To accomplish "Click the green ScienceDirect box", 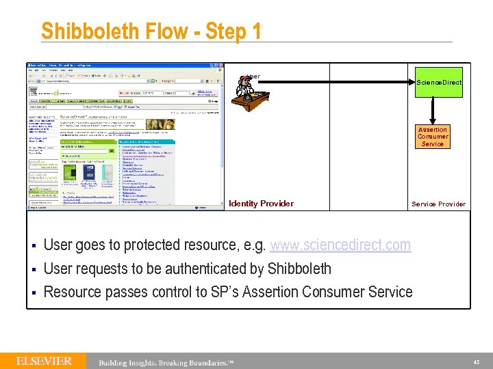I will pyautogui.click(x=439, y=82).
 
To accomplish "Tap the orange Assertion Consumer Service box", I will pyautogui.click(x=433, y=137).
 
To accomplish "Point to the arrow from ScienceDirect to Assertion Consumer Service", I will pyautogui.click(x=433, y=109).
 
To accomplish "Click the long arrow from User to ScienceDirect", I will pyautogui.click(x=336, y=82).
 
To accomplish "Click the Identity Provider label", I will pyautogui.click(x=261, y=204).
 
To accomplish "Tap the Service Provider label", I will pyautogui.click(x=438, y=204).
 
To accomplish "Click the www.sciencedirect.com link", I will pyautogui.click(x=340, y=245).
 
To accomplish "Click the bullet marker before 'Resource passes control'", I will pyautogui.click(x=32, y=292).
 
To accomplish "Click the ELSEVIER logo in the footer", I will pyautogui.click(x=45, y=360).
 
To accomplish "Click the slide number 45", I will pyautogui.click(x=476, y=361).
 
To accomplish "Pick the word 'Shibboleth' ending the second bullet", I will pyautogui.click(x=299, y=269).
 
